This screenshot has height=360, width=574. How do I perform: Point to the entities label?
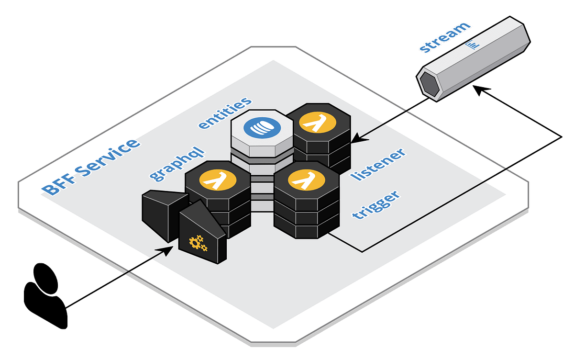click(225, 113)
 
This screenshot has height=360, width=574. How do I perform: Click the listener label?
click(378, 164)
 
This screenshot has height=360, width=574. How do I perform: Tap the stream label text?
click(443, 37)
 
